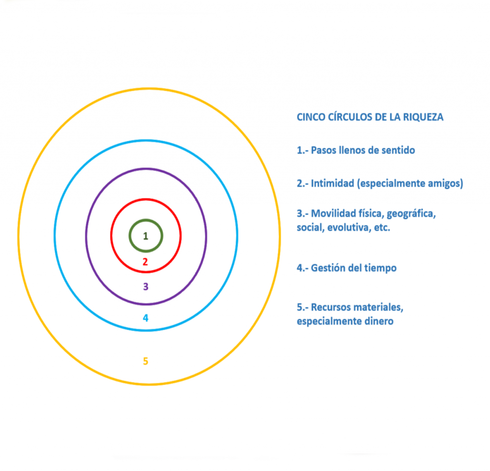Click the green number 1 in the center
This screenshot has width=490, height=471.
coord(145,236)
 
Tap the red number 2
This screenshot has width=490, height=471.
coord(145,262)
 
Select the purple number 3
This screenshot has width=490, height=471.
coord(145,287)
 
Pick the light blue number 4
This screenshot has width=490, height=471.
coord(145,318)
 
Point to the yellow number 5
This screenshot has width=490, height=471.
coord(145,361)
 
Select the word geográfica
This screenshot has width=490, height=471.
coord(411,214)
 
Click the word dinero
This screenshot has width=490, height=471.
coord(378,321)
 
